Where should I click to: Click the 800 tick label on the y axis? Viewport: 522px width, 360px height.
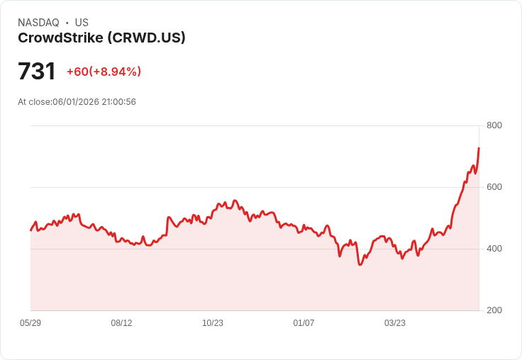point(494,125)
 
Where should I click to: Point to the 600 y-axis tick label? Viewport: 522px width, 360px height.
point(494,187)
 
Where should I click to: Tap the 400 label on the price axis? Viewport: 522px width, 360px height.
point(494,249)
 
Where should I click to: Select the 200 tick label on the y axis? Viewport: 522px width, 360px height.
point(494,310)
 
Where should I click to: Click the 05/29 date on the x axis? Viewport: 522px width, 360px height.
point(30,322)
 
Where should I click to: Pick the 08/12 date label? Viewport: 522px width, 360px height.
point(121,322)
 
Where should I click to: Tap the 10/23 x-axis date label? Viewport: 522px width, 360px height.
point(213,322)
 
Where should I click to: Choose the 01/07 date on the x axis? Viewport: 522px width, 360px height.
point(304,322)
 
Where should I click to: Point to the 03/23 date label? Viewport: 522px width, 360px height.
point(395,322)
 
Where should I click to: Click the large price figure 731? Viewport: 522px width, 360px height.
point(37,71)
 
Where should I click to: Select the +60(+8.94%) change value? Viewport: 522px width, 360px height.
point(104,72)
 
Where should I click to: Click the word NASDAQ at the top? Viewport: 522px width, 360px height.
point(38,23)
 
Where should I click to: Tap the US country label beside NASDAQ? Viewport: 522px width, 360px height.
point(82,23)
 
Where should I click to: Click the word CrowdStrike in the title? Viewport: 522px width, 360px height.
point(60,38)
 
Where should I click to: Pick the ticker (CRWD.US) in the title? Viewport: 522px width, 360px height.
point(146,38)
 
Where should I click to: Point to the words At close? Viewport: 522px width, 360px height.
point(34,102)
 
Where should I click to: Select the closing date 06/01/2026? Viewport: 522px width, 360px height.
point(76,102)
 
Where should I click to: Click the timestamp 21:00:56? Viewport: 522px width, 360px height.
point(119,102)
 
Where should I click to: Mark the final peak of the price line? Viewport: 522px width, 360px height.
point(479,148)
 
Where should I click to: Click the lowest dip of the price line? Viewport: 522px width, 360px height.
point(360,265)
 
